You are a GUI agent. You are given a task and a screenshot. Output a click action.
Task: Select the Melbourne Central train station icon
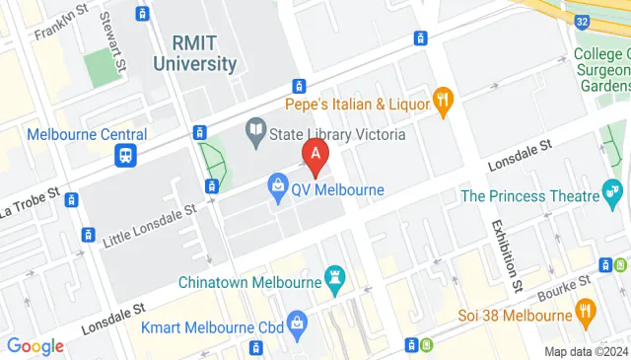point(126,156)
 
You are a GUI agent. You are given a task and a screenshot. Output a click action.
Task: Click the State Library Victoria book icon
point(256,129)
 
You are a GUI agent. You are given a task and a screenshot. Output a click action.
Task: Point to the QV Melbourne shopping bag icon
point(279,184)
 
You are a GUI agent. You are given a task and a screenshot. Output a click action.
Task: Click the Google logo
point(35,346)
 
